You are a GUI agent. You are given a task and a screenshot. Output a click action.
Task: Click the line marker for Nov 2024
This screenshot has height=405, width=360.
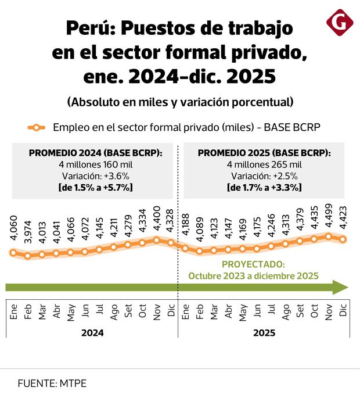(157, 239)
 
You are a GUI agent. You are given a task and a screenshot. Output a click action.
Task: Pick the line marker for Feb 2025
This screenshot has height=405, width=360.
(200, 251)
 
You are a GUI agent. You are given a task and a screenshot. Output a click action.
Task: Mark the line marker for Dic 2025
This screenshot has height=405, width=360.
(343, 239)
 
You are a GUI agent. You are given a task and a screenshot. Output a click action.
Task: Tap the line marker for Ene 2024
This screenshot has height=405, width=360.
(13, 252)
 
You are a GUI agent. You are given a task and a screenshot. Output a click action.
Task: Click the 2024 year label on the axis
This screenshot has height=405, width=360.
(92, 333)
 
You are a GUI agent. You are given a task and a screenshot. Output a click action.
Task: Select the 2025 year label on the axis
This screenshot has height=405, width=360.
(264, 333)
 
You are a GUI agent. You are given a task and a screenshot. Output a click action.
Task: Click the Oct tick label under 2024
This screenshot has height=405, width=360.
(143, 311)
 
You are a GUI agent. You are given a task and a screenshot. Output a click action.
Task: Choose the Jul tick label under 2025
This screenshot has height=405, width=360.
(272, 311)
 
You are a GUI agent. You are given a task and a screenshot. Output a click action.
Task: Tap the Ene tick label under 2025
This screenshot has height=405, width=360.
(186, 311)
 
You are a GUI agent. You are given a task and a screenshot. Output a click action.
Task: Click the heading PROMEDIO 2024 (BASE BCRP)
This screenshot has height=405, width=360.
(95, 153)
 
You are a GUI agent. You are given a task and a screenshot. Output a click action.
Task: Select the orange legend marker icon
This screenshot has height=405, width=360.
(37, 127)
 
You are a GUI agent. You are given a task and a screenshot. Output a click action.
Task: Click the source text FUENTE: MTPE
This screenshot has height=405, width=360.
(52, 384)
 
